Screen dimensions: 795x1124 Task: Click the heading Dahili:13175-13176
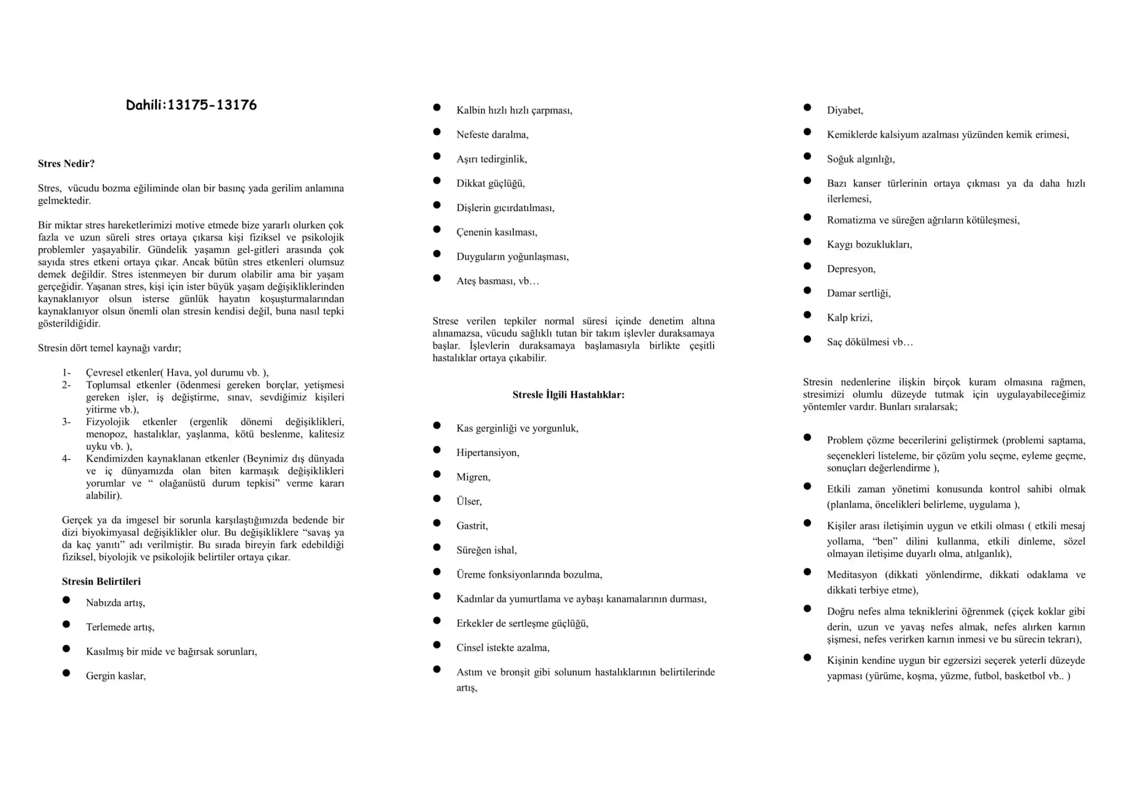click(x=191, y=105)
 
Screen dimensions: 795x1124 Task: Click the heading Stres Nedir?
click(x=66, y=163)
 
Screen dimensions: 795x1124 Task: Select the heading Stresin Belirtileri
click(x=101, y=581)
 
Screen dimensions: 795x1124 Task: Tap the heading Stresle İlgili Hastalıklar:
click(x=568, y=395)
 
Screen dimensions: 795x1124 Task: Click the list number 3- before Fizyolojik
click(x=66, y=422)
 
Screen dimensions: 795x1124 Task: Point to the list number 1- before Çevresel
click(x=66, y=372)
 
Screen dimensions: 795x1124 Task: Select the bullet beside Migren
click(x=437, y=474)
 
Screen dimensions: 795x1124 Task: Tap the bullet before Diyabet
click(x=807, y=107)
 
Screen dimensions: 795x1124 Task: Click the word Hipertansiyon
click(x=487, y=453)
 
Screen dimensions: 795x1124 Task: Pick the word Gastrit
click(x=471, y=526)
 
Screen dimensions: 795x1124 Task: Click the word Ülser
click(x=469, y=502)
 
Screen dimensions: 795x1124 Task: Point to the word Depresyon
click(x=850, y=269)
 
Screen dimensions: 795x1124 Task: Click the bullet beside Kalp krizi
click(x=807, y=314)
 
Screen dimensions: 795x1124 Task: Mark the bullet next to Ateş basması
click(x=437, y=278)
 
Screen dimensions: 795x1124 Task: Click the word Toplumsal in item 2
click(x=108, y=385)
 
